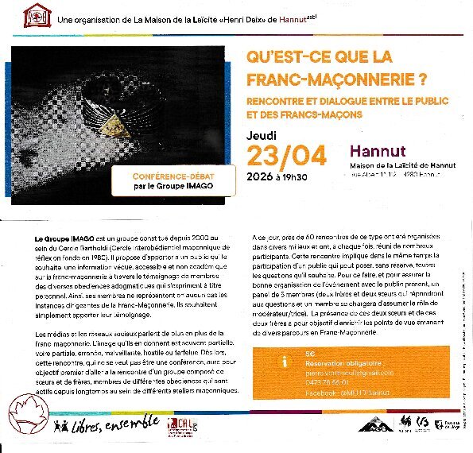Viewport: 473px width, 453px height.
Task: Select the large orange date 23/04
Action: pos(286,155)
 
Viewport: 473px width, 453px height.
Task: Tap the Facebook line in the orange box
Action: pos(343,392)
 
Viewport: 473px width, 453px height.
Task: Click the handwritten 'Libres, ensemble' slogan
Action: pos(108,425)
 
